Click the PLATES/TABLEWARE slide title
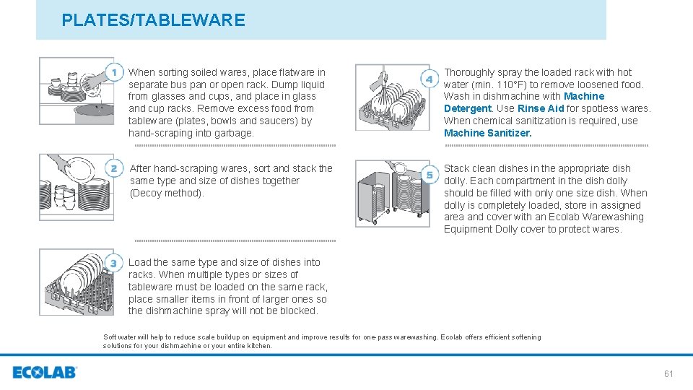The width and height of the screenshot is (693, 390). (153, 20)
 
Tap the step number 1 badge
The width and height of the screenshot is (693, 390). (114, 72)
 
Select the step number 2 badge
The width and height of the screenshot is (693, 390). (114, 168)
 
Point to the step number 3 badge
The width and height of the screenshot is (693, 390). (114, 262)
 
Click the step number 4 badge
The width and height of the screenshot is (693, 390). (430, 78)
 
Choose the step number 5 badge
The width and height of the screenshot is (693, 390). (430, 174)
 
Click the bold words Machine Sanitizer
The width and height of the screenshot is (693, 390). (487, 133)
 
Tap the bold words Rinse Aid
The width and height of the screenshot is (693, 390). (541, 108)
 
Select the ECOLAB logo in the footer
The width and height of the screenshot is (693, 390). (45, 373)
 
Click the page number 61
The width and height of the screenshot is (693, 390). (668, 373)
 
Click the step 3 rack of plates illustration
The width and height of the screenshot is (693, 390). (76, 282)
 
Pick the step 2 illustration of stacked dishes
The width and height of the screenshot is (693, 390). (75, 187)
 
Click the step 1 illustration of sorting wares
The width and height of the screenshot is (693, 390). (75, 94)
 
